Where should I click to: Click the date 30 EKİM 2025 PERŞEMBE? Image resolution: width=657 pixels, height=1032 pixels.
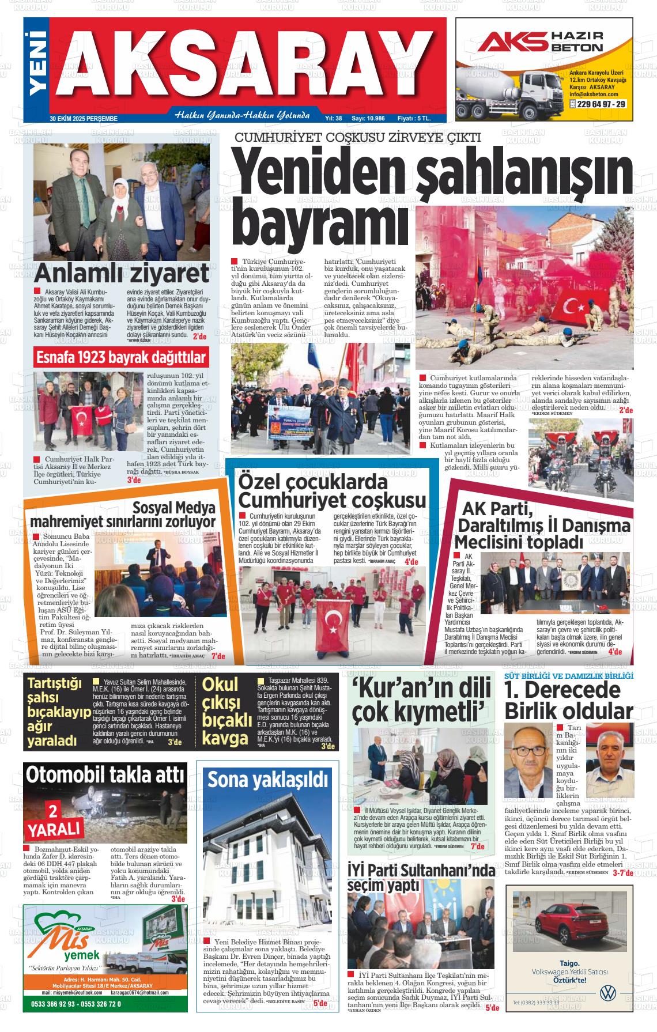tap(84, 118)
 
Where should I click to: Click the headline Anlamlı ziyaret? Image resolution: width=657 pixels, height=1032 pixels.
tap(121, 273)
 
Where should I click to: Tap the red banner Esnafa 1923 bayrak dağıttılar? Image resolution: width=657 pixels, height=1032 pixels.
tap(120, 358)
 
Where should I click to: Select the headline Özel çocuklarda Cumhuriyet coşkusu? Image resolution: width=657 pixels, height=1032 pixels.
tap(332, 490)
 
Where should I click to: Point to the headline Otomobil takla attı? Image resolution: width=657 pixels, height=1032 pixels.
tap(105, 774)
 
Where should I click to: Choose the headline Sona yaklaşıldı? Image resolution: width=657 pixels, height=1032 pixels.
tap(267, 780)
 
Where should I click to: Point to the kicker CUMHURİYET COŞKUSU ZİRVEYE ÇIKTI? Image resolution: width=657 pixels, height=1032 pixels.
tap(357, 138)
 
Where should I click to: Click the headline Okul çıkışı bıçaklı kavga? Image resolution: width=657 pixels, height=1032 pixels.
tap(227, 711)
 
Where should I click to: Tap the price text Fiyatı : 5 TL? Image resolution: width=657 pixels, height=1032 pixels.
tap(414, 118)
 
